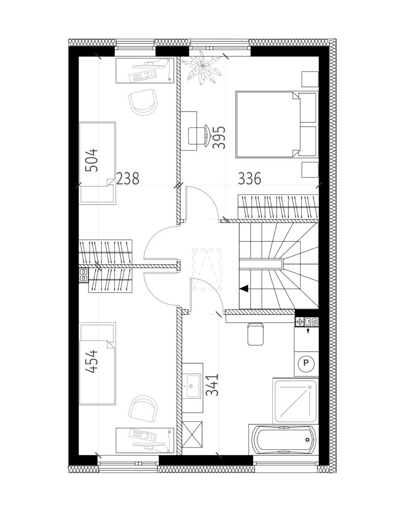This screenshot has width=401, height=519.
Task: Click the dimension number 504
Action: (x=92, y=160)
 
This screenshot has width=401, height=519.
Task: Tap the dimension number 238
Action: (x=127, y=178)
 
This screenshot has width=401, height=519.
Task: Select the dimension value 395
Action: (x=218, y=137)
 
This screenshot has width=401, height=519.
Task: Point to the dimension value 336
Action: (x=249, y=178)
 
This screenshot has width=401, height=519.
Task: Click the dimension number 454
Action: (x=92, y=361)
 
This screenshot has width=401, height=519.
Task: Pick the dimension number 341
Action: (x=212, y=385)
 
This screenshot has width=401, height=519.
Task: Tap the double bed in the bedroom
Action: (x=276, y=125)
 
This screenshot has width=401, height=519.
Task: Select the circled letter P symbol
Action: (x=306, y=363)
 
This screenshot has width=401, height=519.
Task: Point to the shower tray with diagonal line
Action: (x=295, y=400)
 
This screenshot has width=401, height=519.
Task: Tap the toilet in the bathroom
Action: (x=256, y=333)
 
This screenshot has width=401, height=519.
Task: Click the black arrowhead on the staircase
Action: (x=244, y=288)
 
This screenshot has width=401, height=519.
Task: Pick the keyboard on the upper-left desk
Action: (x=143, y=77)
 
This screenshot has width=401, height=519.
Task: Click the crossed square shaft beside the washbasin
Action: (x=192, y=435)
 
